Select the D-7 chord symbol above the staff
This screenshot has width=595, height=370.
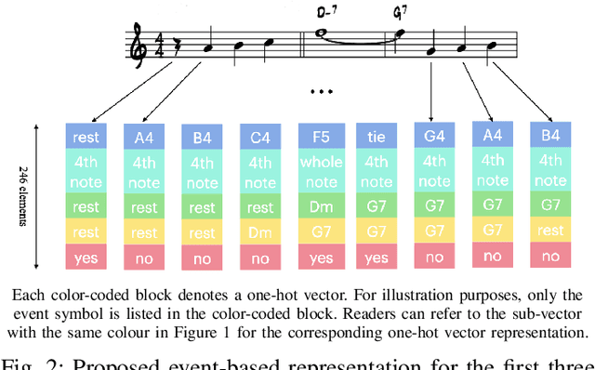[x=325, y=13]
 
